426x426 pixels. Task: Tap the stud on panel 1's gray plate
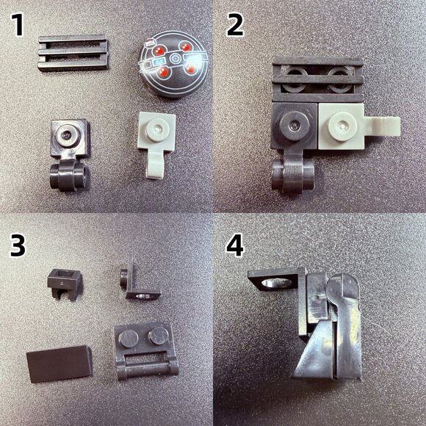click(154, 131)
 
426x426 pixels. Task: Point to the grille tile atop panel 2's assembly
click(318, 76)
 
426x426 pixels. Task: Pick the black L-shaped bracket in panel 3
click(135, 278)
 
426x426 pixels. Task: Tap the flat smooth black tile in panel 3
click(59, 362)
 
